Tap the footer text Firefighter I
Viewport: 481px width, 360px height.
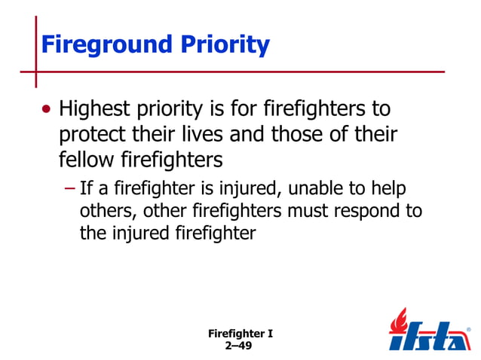240,333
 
